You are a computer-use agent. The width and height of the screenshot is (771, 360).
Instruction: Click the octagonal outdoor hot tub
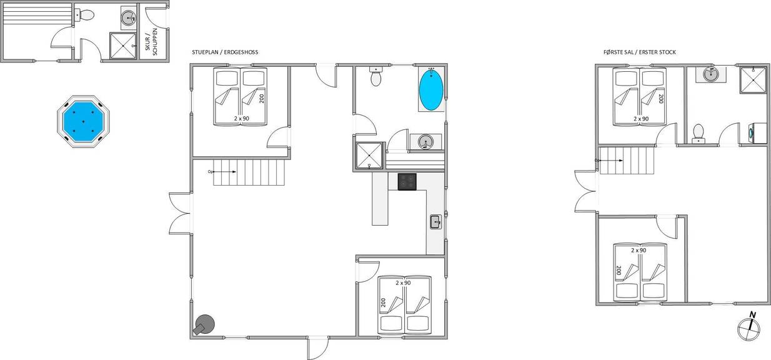pos(83,121)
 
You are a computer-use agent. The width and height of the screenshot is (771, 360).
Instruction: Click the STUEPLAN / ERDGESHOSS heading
pos(225,52)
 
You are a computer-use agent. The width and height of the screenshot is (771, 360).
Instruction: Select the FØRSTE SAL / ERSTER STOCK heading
pos(640,52)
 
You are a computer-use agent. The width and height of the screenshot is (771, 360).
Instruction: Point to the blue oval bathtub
pos(431,89)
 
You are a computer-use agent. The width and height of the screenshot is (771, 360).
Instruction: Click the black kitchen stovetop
pos(407,182)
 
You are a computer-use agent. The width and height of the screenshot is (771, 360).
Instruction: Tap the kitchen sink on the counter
pos(435,222)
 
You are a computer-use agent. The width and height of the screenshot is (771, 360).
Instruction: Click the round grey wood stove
pos(204,324)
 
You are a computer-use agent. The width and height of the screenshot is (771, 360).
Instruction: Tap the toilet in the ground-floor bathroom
pos(376,76)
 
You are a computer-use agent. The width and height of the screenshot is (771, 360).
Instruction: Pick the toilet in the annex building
pos(85,15)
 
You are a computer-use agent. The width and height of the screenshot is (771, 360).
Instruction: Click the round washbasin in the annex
pos(129,17)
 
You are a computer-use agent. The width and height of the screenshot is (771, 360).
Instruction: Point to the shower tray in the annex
pos(123,46)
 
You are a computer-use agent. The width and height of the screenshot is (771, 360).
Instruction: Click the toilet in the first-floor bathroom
pos(699,134)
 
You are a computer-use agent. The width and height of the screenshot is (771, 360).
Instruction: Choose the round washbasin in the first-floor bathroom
pos(711,74)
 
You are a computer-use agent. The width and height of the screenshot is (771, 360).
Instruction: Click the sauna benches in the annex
pos(37,14)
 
